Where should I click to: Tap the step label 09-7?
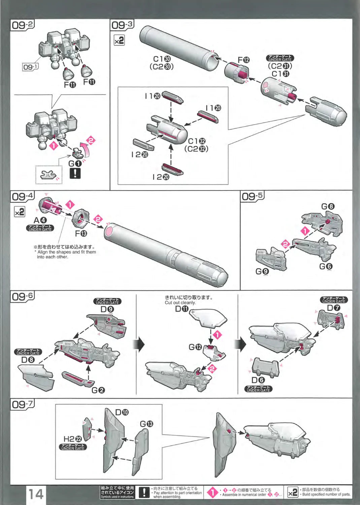click(23, 404)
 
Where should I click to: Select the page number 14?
click(35, 494)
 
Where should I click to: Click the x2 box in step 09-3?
click(119, 41)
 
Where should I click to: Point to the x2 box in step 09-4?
click(20, 212)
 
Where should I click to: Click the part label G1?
click(75, 164)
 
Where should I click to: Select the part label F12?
click(243, 60)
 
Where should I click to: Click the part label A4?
click(40, 220)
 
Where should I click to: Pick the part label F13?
click(81, 233)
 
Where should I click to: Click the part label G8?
click(328, 206)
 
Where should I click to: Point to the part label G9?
click(262, 271)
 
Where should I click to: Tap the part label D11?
click(182, 309)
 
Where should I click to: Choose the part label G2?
click(98, 390)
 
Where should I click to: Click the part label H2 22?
click(72, 439)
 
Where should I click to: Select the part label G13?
click(146, 424)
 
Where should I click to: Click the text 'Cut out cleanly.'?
click(180, 303)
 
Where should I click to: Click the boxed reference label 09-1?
click(30, 67)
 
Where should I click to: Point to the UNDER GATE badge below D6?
click(258, 389)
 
